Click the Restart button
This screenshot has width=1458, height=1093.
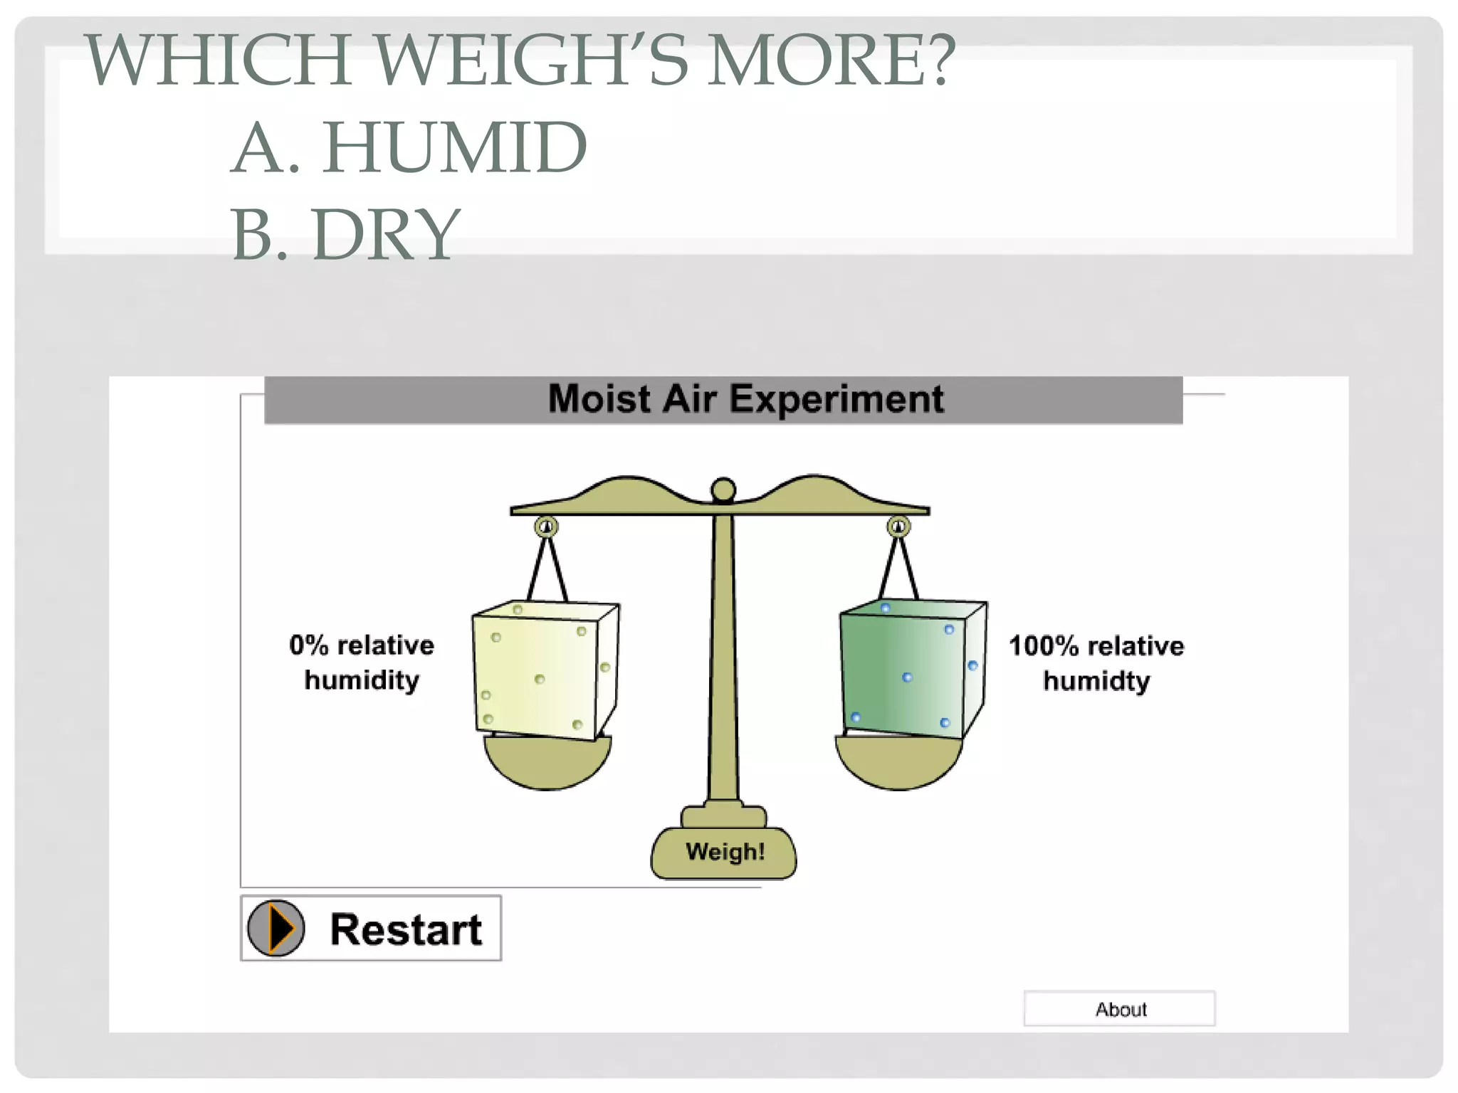371,928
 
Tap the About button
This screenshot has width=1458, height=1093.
1119,1008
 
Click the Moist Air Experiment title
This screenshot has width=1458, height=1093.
745,399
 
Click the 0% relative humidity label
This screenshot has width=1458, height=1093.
362,662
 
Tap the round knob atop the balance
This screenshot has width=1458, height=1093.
723,490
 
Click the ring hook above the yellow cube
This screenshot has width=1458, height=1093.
546,527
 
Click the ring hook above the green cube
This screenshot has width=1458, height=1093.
898,527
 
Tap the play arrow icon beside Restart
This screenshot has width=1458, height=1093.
277,928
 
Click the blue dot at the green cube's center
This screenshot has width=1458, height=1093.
907,677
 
